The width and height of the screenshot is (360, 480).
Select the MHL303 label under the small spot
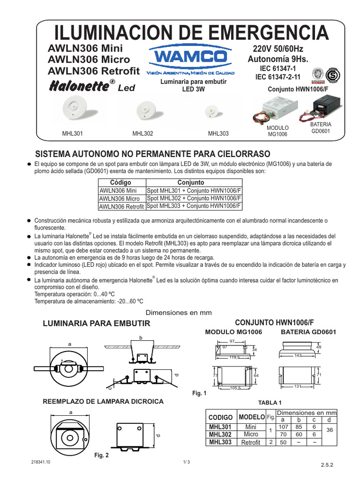click(218, 134)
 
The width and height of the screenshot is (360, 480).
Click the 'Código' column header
click(121, 182)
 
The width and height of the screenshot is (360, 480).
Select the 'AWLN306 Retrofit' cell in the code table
click(121, 206)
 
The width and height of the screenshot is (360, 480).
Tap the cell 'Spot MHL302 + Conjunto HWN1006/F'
click(194, 198)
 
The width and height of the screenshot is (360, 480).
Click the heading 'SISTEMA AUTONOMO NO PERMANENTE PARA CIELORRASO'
click(153, 154)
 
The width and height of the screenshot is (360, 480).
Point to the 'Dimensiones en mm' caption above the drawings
click(180, 313)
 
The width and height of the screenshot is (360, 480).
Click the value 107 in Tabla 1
click(283, 427)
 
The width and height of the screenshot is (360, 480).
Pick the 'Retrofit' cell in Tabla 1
click(250, 442)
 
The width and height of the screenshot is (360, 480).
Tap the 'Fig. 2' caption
click(101, 455)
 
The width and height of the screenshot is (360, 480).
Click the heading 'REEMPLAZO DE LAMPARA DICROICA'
click(103, 402)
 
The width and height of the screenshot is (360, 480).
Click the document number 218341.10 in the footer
click(41, 462)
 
